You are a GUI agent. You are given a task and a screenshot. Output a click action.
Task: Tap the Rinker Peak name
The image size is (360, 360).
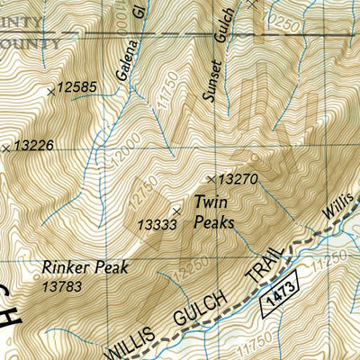pos(85,267)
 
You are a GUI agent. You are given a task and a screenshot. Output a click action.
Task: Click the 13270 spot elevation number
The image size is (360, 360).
pos(238,180)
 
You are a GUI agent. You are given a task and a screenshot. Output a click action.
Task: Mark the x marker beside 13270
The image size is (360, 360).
pos(213,179)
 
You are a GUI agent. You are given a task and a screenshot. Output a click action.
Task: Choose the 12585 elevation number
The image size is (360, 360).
pos(76,87)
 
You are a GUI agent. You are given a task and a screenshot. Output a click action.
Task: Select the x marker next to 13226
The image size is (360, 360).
pos(6,147)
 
